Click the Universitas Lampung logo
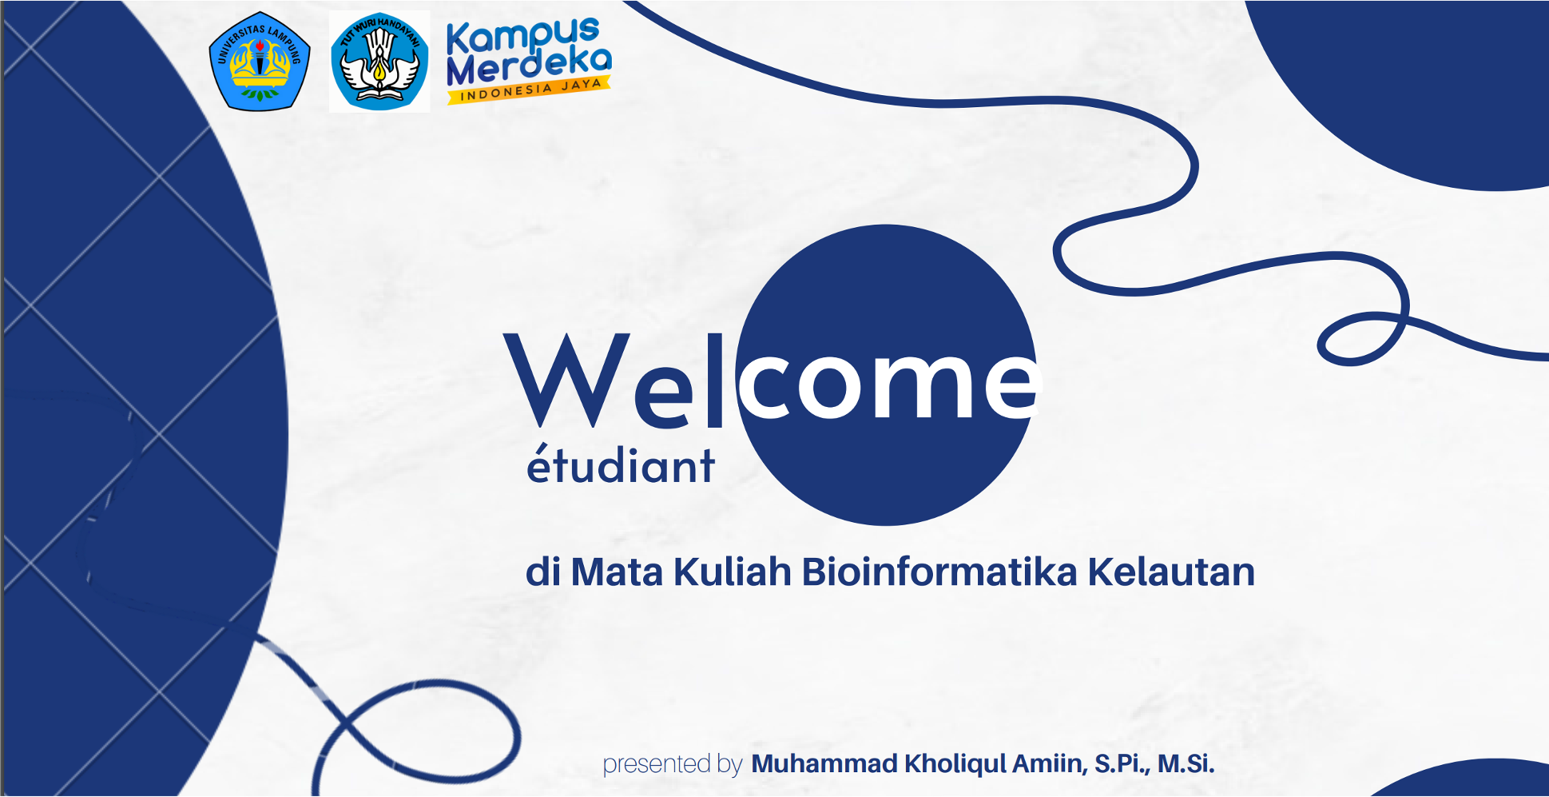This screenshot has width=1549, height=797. (x=259, y=62)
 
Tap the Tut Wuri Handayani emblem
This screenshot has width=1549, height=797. (x=379, y=62)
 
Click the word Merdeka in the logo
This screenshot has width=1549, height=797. (x=529, y=66)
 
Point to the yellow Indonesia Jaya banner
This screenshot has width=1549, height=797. (x=530, y=90)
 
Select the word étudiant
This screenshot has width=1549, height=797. (x=620, y=465)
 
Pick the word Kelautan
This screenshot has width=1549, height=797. (x=1171, y=572)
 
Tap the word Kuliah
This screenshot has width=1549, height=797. (x=732, y=572)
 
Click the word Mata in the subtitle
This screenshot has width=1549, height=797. (x=617, y=572)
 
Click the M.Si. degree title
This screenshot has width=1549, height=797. (x=1186, y=763)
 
